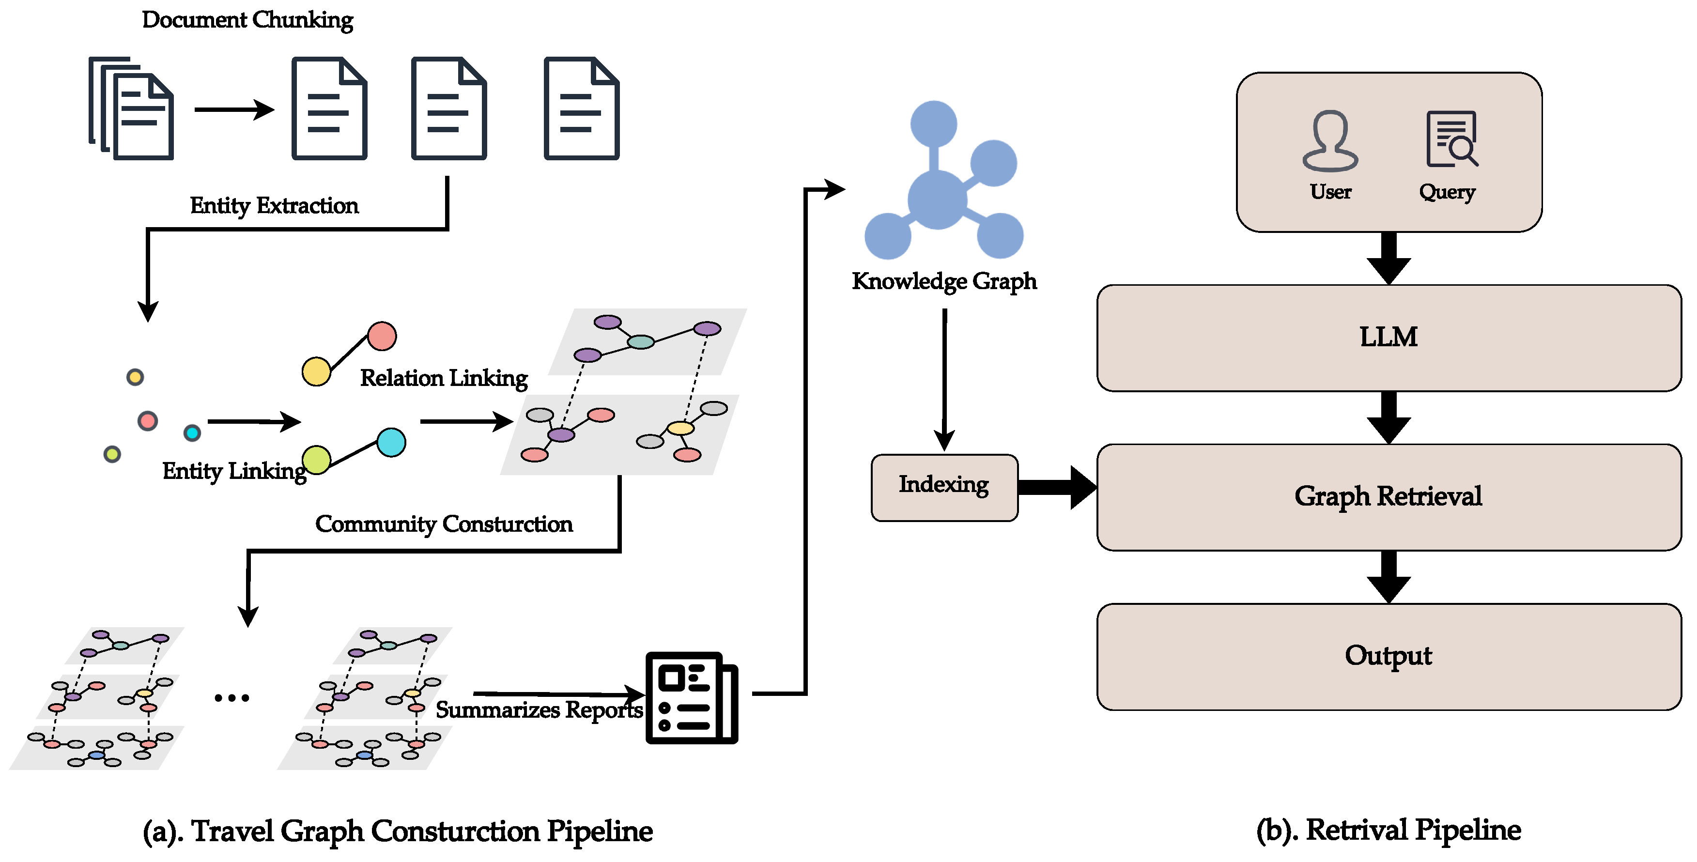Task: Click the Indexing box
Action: pos(944,487)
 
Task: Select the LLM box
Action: pos(1388,338)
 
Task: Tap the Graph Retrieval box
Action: pos(1388,497)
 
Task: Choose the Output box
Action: pos(1388,657)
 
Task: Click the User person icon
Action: pos(1330,141)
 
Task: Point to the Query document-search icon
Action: pos(1451,139)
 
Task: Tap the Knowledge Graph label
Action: pos(944,282)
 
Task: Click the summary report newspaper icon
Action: pos(691,698)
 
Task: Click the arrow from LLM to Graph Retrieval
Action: pos(1388,417)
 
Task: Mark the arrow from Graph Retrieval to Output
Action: pos(1388,577)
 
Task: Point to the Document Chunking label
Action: pos(247,20)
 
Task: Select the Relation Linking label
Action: pos(443,379)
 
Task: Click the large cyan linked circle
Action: pos(391,443)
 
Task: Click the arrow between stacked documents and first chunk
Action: pos(234,109)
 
